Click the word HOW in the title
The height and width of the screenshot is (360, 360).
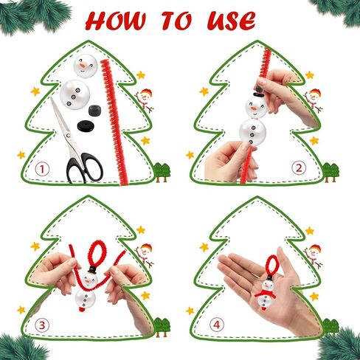[x=116, y=21]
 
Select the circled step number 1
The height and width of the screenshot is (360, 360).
[x=42, y=170]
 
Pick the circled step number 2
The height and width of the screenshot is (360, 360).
[x=299, y=168]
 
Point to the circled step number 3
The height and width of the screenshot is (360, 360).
[x=42, y=325]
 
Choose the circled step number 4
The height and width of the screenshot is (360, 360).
[x=217, y=325]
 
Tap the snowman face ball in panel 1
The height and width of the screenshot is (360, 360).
[x=86, y=65]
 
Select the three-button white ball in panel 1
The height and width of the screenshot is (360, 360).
[x=75, y=94]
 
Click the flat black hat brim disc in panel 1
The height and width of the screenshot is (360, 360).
[x=86, y=126]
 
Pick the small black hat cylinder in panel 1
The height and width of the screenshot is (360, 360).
[x=96, y=111]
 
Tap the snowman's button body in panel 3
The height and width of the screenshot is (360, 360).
[x=86, y=300]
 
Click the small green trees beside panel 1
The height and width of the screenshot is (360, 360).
[x=162, y=172]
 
